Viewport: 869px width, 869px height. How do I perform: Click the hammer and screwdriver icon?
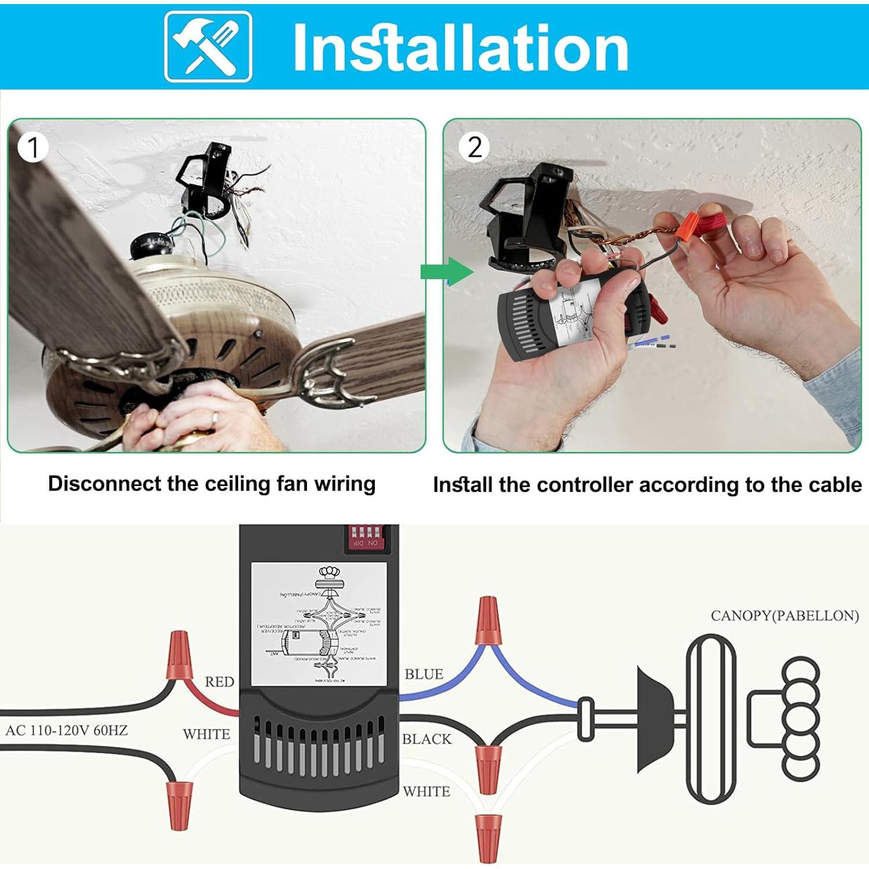pos(208,46)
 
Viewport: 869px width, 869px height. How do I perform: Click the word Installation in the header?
pos(461,48)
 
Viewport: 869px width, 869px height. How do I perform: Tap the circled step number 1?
pos(32,148)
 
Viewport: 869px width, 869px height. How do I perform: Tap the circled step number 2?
pos(474,147)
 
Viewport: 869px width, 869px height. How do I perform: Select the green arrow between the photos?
pos(447,272)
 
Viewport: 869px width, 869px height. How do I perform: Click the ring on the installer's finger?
pos(215,418)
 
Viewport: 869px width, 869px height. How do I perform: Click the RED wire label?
pos(220,682)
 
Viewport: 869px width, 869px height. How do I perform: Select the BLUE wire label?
pos(424,674)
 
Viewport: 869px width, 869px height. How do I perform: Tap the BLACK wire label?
pos(427,739)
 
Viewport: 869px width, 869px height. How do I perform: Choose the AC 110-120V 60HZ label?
pos(67,731)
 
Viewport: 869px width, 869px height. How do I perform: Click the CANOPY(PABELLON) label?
pos(784,616)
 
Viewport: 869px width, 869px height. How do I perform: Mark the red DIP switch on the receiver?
pos(364,537)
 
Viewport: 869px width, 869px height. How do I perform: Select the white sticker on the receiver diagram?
pos(319,623)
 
